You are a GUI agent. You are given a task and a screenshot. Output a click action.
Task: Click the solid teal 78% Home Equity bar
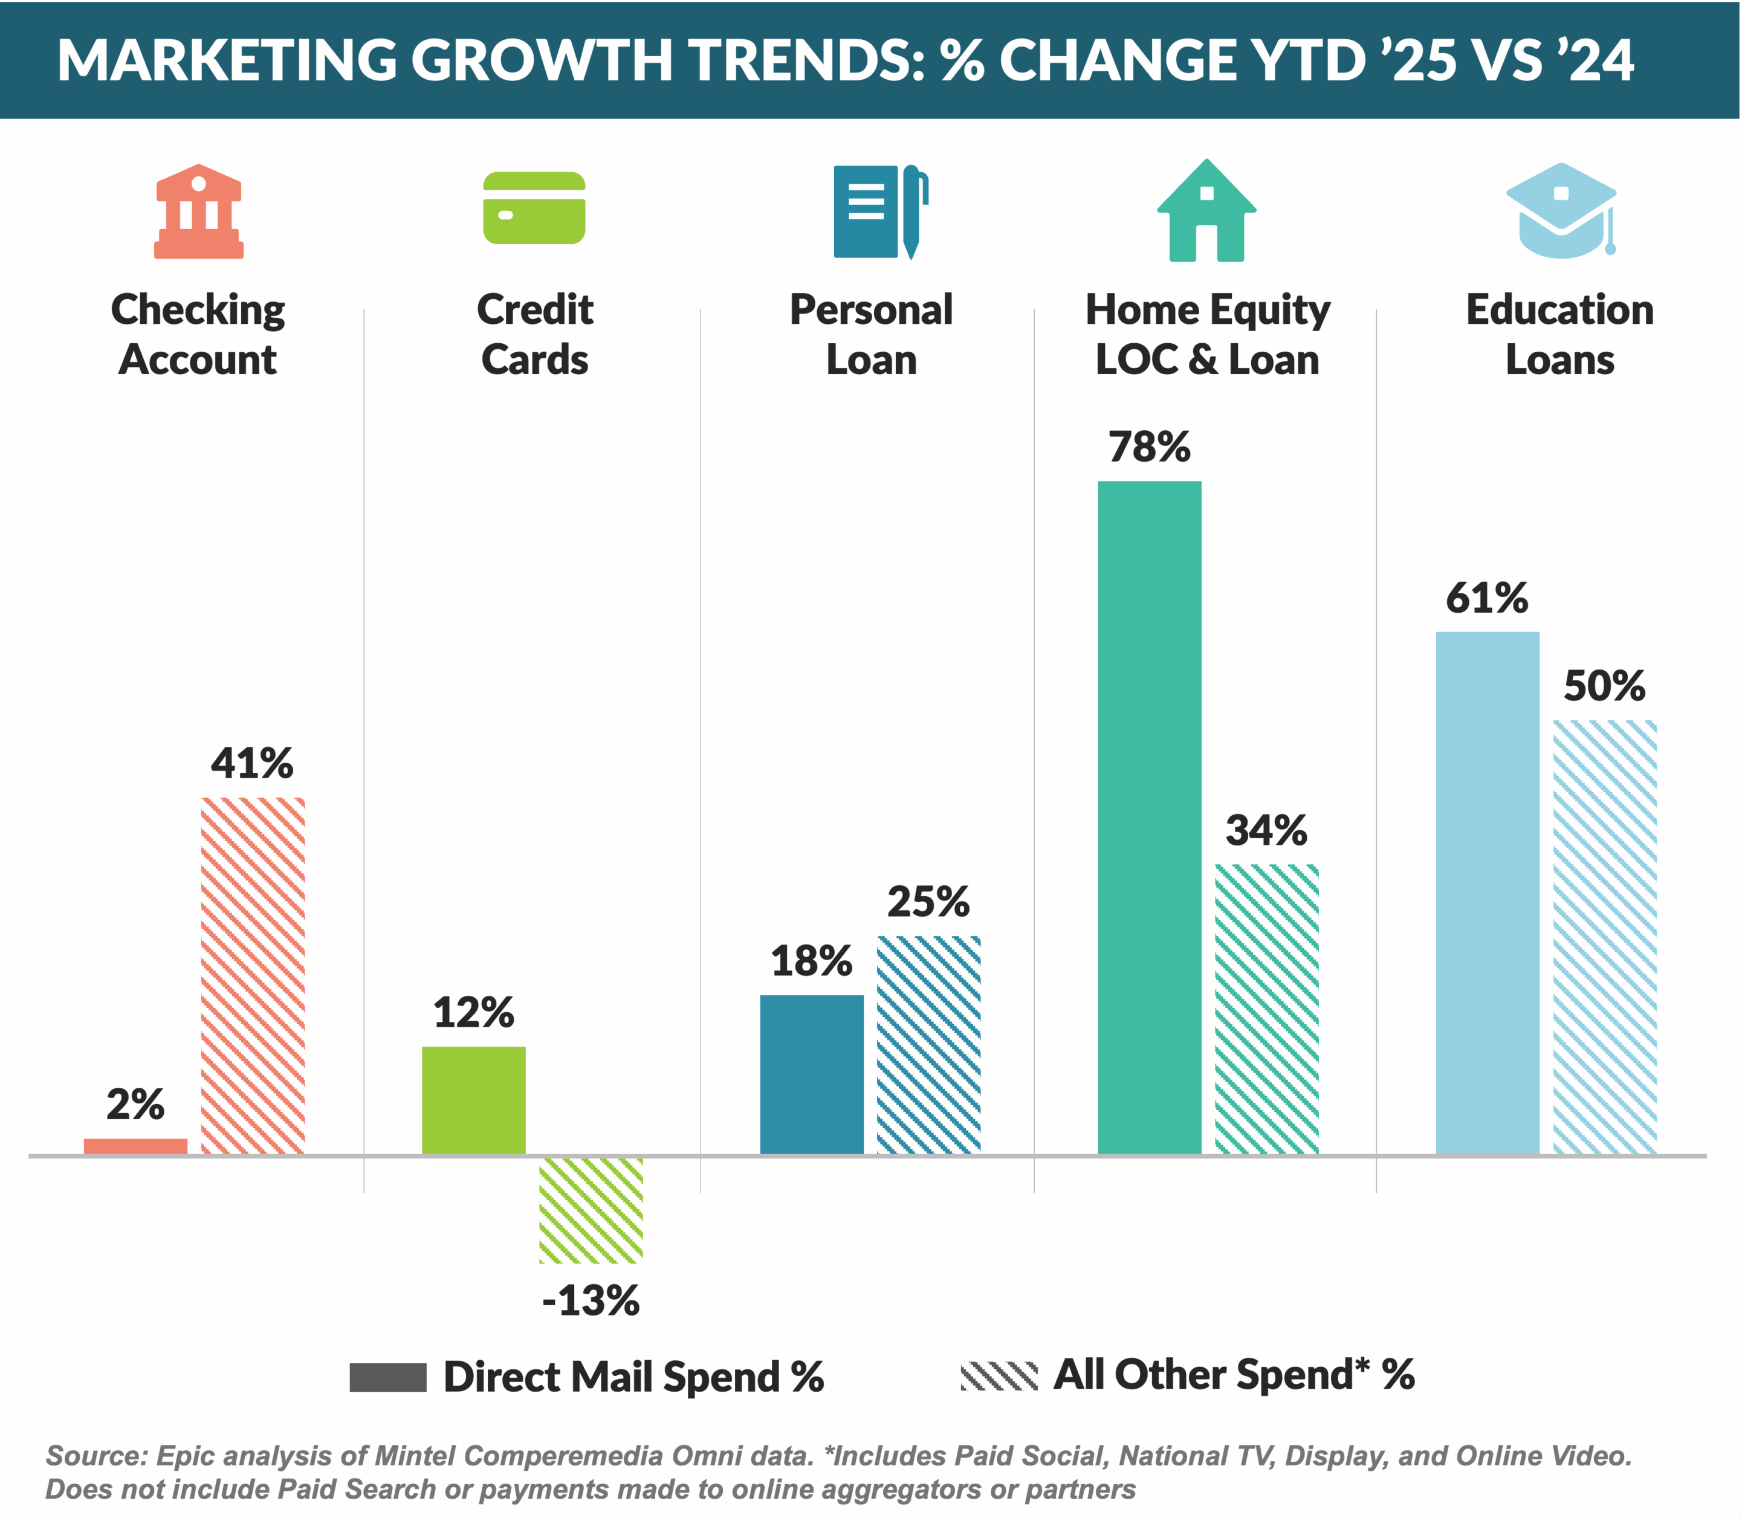(1149, 816)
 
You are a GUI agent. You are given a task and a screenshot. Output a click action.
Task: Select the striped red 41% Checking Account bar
(253, 975)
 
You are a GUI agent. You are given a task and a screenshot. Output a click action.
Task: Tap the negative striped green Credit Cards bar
(591, 1209)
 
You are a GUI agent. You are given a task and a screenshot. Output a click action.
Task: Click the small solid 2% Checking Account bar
(135, 1146)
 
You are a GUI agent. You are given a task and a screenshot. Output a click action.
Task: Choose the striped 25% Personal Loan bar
(928, 1044)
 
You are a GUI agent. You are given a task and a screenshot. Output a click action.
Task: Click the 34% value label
(1266, 831)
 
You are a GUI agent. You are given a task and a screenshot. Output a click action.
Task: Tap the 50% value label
(1604, 685)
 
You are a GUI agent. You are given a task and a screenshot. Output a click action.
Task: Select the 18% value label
(811, 961)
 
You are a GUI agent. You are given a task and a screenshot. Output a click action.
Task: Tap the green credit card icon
(534, 208)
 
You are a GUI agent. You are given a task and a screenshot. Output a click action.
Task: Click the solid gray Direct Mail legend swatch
(388, 1377)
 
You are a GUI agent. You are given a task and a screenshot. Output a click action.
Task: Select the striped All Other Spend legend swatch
(999, 1375)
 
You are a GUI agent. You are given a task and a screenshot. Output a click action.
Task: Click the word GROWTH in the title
(541, 60)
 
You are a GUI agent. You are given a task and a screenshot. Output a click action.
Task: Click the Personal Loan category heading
(871, 334)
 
